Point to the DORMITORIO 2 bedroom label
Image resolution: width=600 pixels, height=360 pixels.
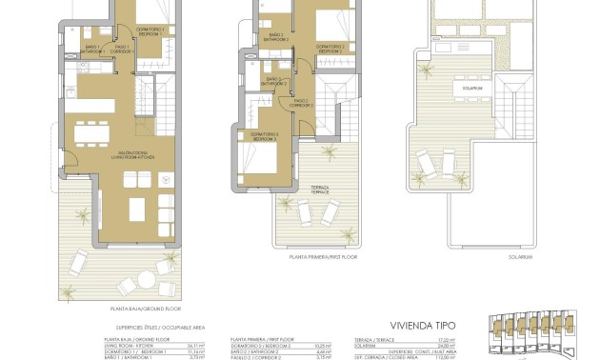[x=330, y=47]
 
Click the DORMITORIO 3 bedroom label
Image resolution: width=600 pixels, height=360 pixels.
[x=264, y=136]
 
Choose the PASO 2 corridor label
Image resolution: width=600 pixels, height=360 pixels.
[x=302, y=102]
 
